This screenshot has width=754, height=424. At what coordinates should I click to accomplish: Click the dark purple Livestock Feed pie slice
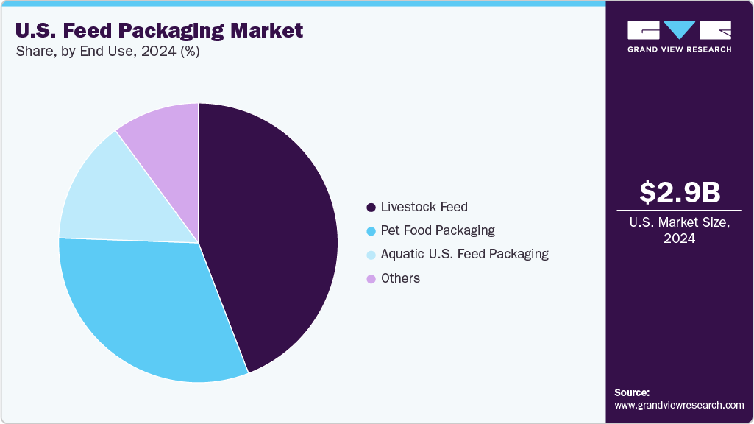(x=272, y=236)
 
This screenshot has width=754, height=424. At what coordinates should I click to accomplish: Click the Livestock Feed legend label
(x=424, y=207)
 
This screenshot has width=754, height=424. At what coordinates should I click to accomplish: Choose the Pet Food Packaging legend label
(x=438, y=230)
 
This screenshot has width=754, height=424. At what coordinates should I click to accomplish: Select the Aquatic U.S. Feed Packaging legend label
(x=464, y=254)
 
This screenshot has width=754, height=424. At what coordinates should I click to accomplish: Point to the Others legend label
(x=400, y=278)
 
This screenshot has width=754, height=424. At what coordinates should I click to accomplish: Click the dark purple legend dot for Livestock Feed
(x=371, y=207)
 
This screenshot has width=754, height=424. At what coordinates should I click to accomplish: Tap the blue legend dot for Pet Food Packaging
(x=371, y=231)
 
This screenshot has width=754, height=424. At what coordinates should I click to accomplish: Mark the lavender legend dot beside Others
(x=371, y=278)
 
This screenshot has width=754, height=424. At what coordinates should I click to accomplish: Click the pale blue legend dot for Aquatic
(x=371, y=255)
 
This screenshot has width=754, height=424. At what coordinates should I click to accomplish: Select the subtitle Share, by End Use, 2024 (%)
(x=107, y=52)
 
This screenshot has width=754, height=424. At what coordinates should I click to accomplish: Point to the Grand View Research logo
(x=679, y=36)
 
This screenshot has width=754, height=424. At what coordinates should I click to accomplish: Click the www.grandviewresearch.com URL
(x=679, y=405)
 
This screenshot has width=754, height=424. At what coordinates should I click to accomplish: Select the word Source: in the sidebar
(x=632, y=392)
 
